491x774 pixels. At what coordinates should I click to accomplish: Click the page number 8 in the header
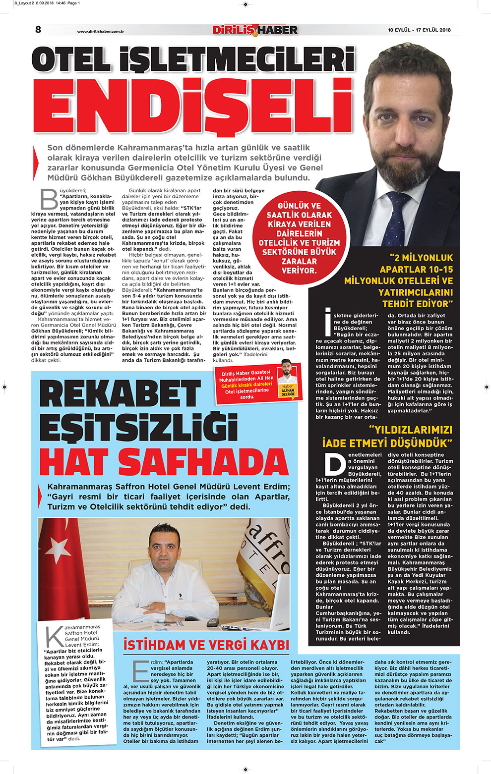(x=38, y=29)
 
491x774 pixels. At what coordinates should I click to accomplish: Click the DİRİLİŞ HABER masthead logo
(x=255, y=30)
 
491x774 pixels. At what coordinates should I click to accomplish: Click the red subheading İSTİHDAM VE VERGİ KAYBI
(x=206, y=645)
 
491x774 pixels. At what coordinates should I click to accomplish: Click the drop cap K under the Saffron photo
(x=54, y=637)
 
